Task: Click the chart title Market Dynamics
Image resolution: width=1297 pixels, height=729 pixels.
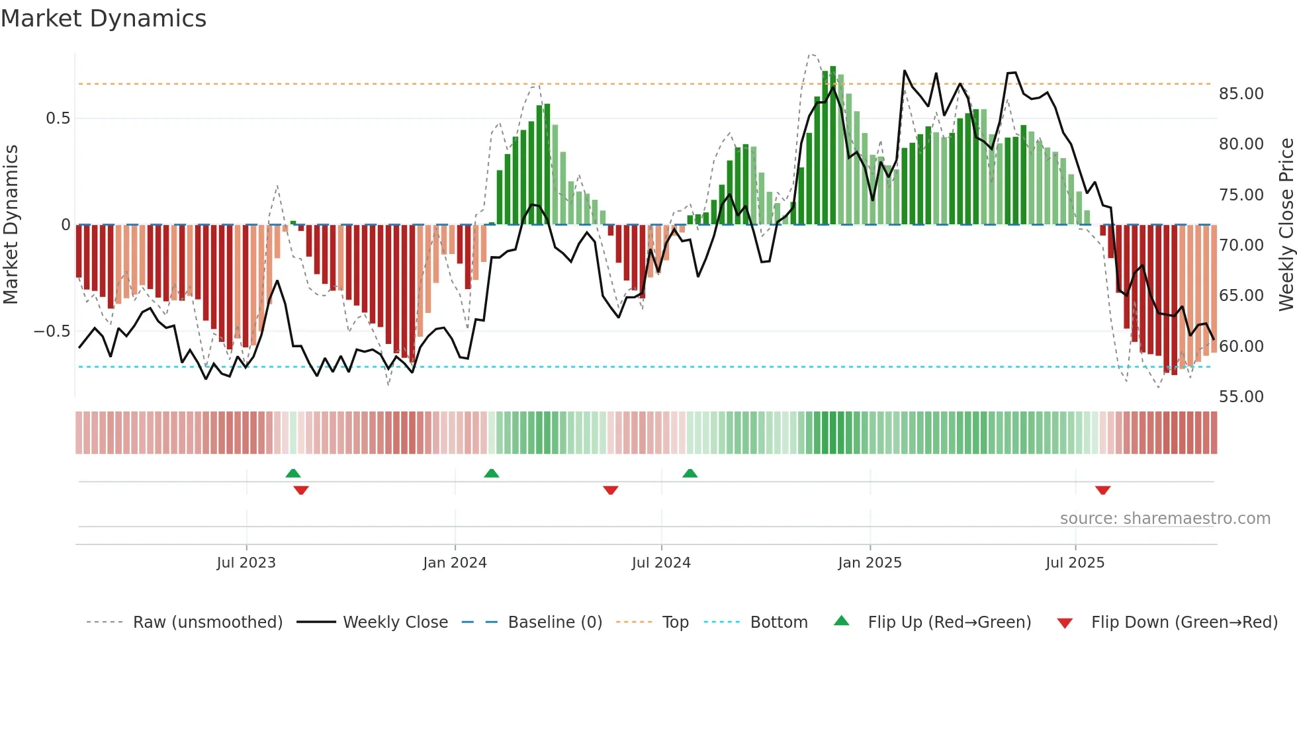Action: pyautogui.click(x=103, y=19)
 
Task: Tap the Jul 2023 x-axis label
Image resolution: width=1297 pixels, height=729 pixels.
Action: pyautogui.click(x=246, y=563)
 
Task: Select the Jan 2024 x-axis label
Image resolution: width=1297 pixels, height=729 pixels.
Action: pyautogui.click(x=455, y=563)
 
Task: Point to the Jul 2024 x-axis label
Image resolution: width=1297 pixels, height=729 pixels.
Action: pyautogui.click(x=661, y=563)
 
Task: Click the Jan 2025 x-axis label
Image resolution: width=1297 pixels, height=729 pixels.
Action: pyautogui.click(x=870, y=563)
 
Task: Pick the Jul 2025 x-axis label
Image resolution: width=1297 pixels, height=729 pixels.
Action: pyautogui.click(x=1075, y=563)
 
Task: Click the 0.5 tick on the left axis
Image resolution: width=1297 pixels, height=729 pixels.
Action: pyautogui.click(x=58, y=118)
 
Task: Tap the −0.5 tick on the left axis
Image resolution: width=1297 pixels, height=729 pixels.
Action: pyautogui.click(x=52, y=331)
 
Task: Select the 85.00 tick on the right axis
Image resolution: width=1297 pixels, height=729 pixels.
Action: pyautogui.click(x=1241, y=94)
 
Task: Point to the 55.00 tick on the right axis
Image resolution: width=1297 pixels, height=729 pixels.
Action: pyautogui.click(x=1241, y=397)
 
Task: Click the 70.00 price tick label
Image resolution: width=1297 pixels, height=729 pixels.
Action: pyautogui.click(x=1241, y=245)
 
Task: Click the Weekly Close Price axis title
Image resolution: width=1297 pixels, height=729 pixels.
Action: pyautogui.click(x=1286, y=225)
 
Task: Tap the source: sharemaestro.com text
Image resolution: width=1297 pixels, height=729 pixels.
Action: pyautogui.click(x=1165, y=519)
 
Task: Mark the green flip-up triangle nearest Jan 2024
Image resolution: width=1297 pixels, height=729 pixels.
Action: pyautogui.click(x=491, y=473)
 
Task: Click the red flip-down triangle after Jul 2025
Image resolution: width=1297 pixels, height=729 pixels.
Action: pyautogui.click(x=1102, y=490)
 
